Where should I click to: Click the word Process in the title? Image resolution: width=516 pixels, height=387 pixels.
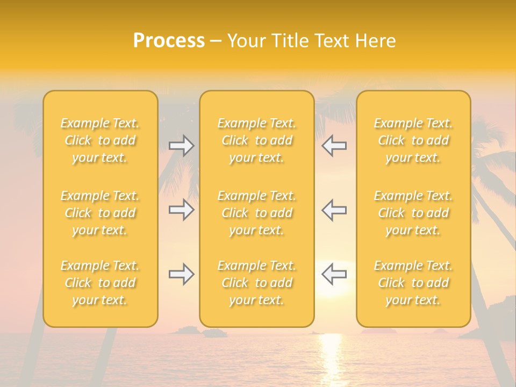click(169, 41)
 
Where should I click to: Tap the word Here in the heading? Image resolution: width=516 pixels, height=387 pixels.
click(376, 41)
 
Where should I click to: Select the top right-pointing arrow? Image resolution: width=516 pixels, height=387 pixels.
click(181, 146)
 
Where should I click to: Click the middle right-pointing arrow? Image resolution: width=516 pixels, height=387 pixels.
click(181, 210)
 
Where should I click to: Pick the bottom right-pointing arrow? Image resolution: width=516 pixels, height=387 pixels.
click(181, 274)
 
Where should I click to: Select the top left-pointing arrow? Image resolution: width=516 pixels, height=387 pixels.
click(334, 146)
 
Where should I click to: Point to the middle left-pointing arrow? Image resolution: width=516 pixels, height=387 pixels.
click(334, 210)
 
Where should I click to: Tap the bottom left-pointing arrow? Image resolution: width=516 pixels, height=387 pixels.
click(334, 274)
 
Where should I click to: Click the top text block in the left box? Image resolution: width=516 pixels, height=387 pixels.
click(100, 140)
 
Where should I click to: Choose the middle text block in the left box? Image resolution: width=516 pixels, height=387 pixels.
click(100, 213)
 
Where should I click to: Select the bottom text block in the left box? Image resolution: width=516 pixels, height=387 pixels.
click(100, 283)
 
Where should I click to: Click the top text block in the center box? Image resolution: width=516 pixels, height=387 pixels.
click(257, 140)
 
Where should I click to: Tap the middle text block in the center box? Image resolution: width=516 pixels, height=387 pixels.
click(257, 213)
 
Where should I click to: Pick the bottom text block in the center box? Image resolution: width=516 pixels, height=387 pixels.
click(257, 283)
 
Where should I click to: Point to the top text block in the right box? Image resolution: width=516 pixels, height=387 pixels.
click(413, 140)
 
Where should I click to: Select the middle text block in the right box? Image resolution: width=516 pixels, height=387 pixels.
click(413, 213)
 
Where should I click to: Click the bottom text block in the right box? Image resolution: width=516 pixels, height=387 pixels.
click(413, 283)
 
